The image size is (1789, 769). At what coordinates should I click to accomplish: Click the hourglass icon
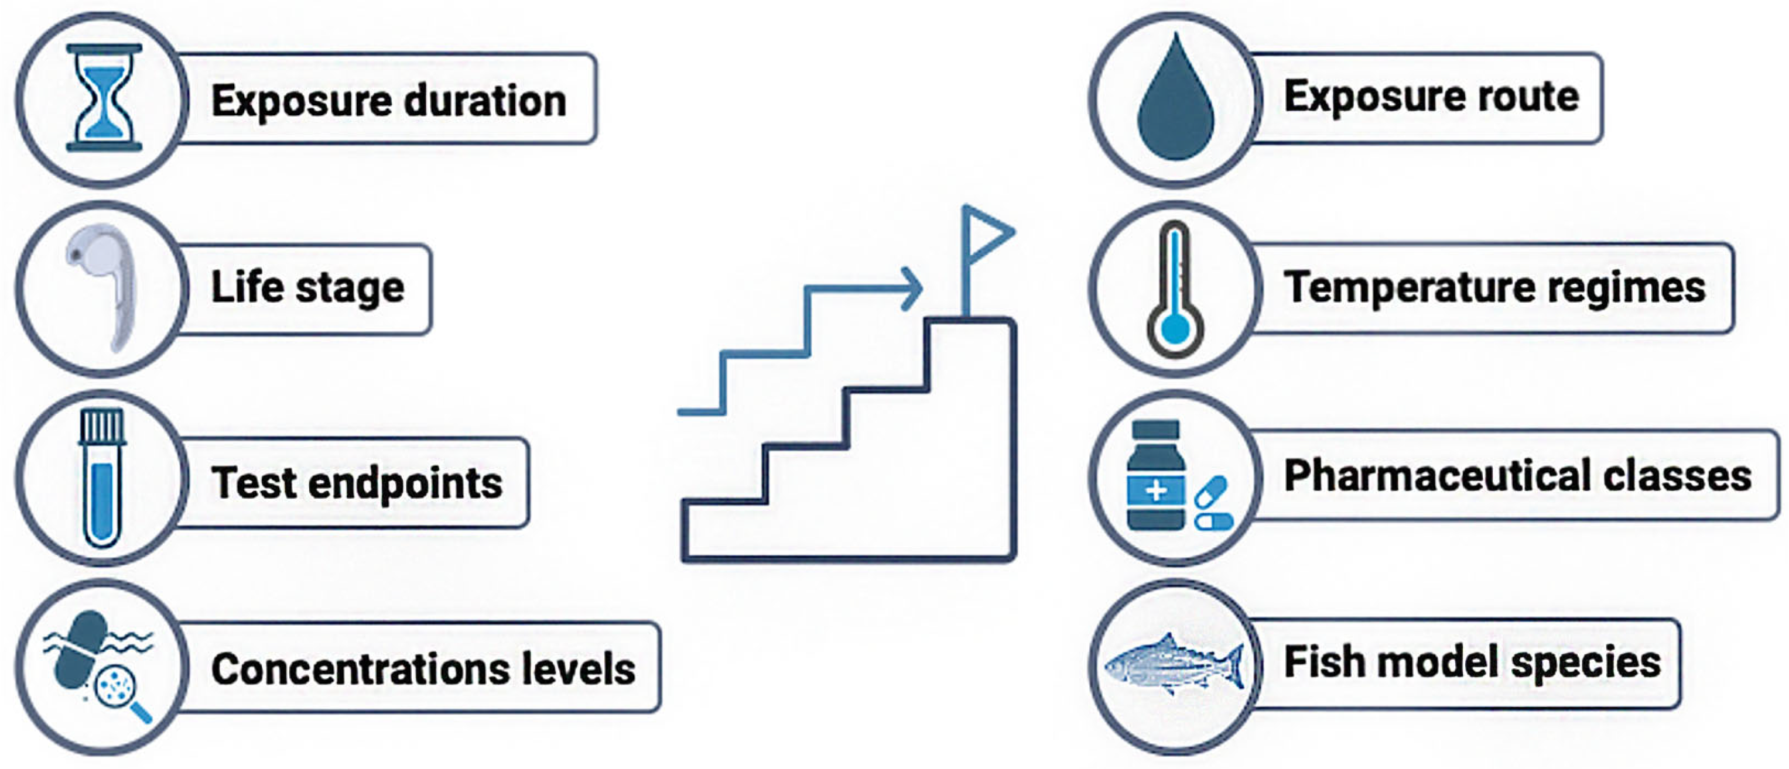pos(104,98)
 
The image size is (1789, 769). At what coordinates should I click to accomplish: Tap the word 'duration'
pos(485,101)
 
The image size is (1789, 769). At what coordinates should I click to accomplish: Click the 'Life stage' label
pos(307,287)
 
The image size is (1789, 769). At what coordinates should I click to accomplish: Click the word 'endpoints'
pos(406,483)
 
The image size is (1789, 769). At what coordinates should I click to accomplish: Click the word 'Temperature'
pos(1409,287)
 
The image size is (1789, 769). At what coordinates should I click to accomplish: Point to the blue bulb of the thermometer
pos(1174,329)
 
